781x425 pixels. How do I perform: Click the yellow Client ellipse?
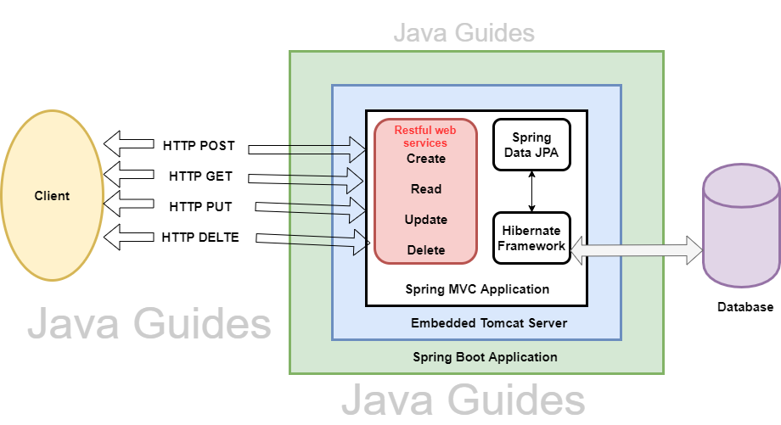coord(52,196)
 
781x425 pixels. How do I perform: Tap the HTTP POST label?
coord(199,146)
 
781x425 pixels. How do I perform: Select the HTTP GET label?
coord(200,176)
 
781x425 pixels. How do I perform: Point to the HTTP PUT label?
coord(200,207)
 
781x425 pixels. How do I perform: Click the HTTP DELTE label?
coord(200,238)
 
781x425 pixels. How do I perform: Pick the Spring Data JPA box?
coord(531,145)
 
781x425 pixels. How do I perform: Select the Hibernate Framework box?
coord(531,238)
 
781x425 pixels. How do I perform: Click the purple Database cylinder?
coord(741,225)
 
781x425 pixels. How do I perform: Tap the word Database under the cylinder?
coord(744,307)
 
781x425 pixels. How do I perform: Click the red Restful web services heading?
coord(425,137)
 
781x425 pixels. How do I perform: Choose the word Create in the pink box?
coord(425,159)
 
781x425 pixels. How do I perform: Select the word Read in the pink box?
coord(425,189)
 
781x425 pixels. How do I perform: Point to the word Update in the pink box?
coord(425,220)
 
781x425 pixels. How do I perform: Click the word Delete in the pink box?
coord(425,250)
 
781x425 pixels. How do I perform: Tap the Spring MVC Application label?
coord(476,289)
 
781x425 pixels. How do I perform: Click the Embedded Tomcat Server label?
coord(488,323)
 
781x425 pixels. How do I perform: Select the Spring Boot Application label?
coord(485,357)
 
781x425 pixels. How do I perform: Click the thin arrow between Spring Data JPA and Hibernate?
coord(532,191)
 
